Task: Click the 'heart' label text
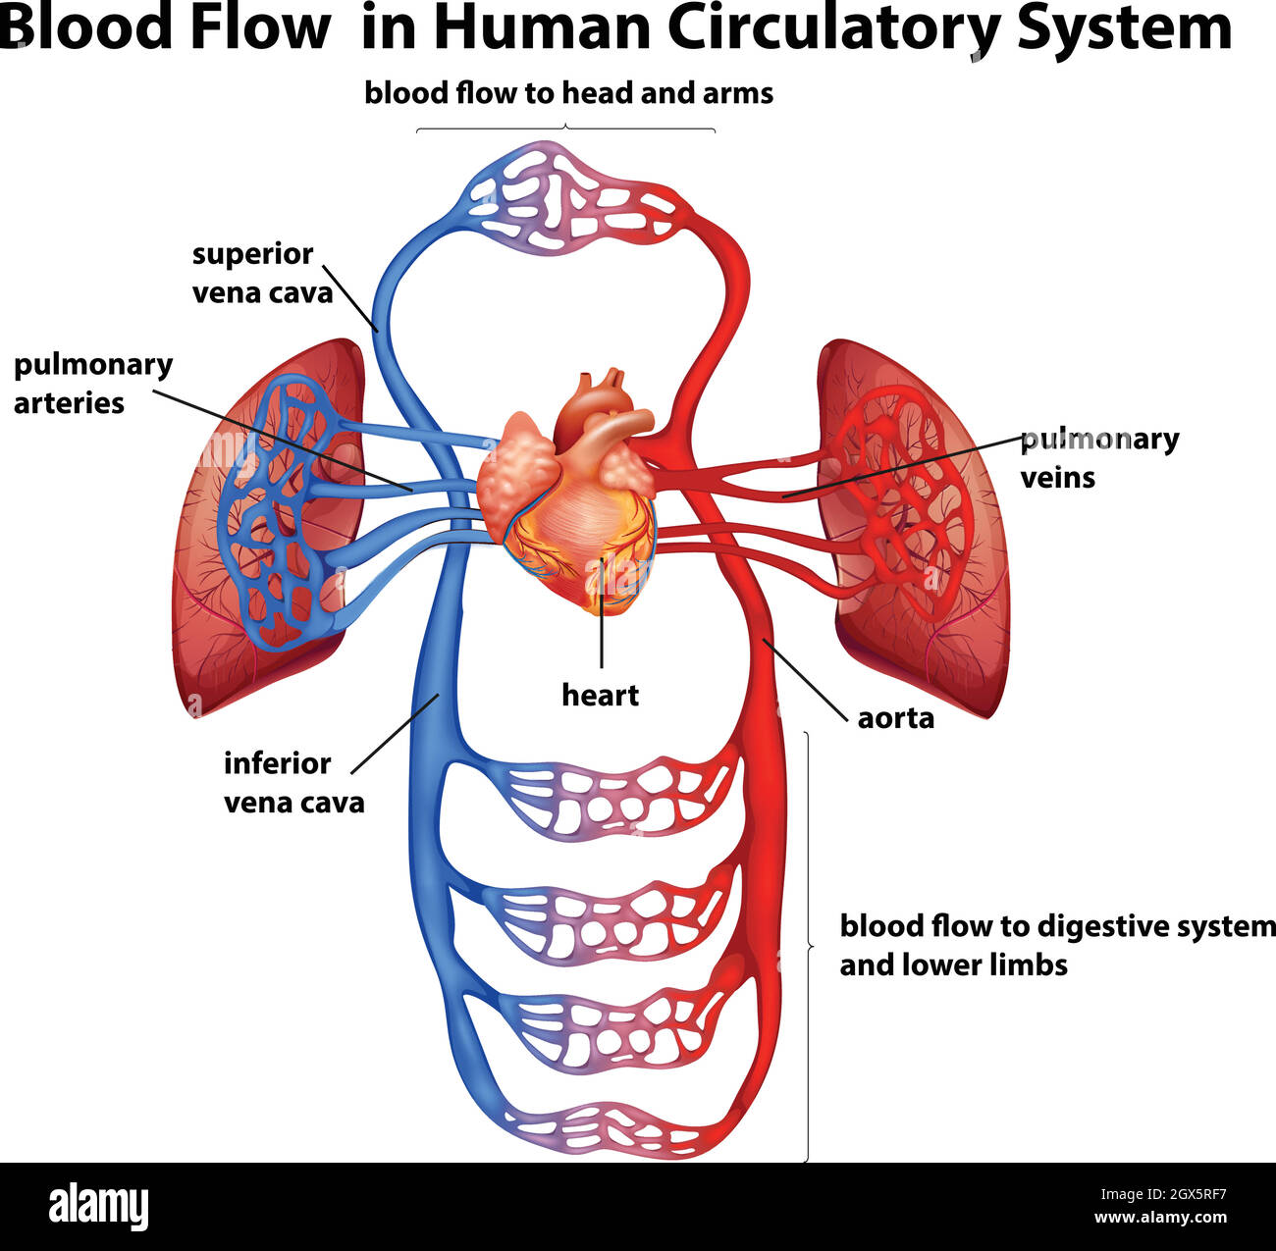point(600,695)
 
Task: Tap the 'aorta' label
point(895,718)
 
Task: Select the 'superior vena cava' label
point(262,273)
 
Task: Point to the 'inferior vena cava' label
point(293,782)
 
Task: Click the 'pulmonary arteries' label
point(92,383)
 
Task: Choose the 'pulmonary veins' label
point(1098,457)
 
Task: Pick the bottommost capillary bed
point(604,1128)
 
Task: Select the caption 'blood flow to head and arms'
point(568,93)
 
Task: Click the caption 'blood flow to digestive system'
point(1055,926)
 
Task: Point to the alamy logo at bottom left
point(98,1206)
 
